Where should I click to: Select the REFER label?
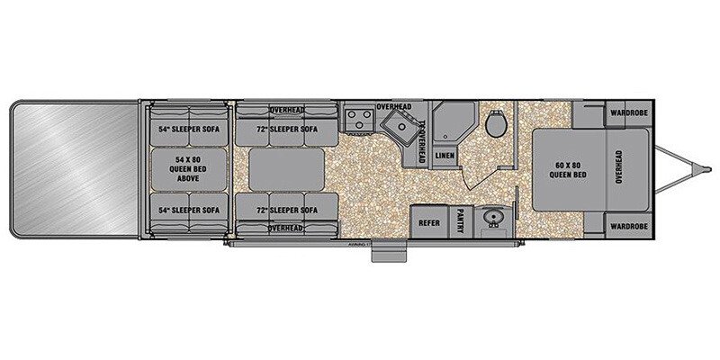coord(429,222)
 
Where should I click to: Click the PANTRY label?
coord(460,222)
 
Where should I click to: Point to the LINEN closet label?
coord(445,155)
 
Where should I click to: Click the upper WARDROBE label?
coord(628,113)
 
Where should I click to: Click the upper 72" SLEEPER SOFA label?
coord(281,129)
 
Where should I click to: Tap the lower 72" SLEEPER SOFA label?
coord(281,210)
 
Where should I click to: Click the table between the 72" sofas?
coord(279,169)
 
